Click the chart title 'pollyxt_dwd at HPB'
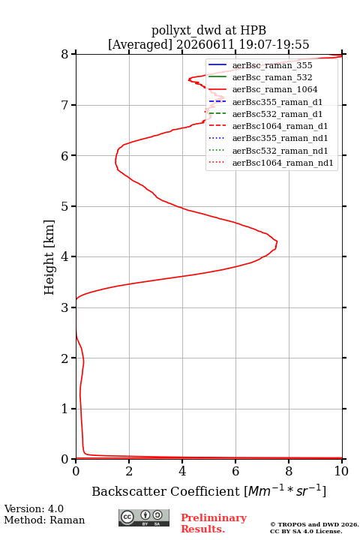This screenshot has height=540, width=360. click(x=208, y=31)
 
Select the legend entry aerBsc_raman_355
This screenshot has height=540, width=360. click(x=272, y=65)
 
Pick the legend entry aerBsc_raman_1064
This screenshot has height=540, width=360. click(x=275, y=89)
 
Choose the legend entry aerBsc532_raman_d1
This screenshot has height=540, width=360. click(x=277, y=114)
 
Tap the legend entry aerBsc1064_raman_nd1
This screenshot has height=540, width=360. click(x=283, y=163)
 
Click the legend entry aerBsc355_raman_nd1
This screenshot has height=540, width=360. click(x=280, y=139)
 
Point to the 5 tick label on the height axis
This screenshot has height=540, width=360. click(x=64, y=206)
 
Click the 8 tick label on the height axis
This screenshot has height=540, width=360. click(x=64, y=55)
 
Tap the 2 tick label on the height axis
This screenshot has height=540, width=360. click(x=64, y=358)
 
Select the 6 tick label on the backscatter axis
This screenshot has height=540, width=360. click(x=235, y=471)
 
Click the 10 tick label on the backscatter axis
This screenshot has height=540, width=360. click(x=341, y=471)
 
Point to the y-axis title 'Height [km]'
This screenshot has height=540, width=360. click(x=49, y=257)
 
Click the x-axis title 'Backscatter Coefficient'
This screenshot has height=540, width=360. click(x=166, y=491)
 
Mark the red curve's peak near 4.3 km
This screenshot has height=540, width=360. click(x=277, y=243)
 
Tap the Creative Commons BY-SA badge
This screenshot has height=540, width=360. click(x=144, y=517)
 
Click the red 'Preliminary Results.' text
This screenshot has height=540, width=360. click(x=214, y=523)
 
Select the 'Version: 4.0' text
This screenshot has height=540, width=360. click(x=34, y=508)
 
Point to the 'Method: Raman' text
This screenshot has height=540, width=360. click(x=44, y=520)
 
